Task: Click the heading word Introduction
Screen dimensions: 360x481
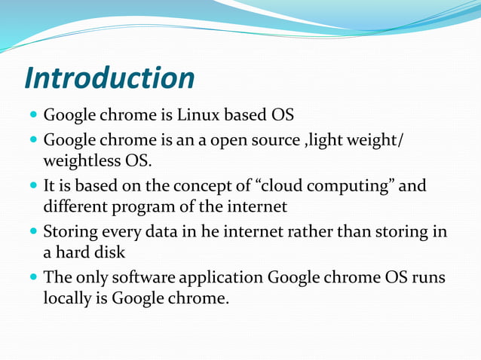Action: pyautogui.click(x=109, y=78)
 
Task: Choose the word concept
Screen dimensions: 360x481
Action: pyautogui.click(x=200, y=185)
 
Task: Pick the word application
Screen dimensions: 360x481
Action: pyautogui.click(x=225, y=278)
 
